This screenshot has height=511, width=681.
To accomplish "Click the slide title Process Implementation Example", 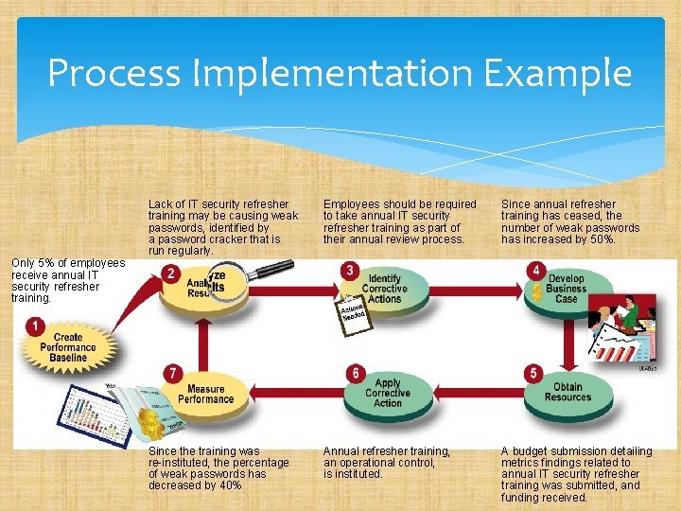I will pos(340,73).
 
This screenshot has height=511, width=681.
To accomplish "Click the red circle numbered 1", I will pos(35,326).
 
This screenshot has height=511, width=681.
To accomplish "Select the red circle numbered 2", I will pos(171,273).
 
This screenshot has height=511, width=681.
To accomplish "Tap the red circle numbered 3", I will pos(351,272).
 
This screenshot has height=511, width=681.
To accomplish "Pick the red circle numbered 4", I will pos(535,272).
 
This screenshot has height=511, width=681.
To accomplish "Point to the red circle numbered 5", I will pos(533,374).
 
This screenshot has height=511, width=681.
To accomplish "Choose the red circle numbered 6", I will pos(355,374).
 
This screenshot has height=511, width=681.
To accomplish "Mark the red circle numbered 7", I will pos(172,374).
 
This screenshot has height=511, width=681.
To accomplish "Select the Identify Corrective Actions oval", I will pos(385,291).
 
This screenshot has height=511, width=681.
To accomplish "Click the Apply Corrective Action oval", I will pos(389,393).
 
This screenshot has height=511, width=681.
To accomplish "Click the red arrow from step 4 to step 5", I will pos(569,342).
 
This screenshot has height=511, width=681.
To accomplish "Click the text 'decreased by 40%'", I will pos(195,485).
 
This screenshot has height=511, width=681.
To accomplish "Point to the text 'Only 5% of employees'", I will pos(67,263).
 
